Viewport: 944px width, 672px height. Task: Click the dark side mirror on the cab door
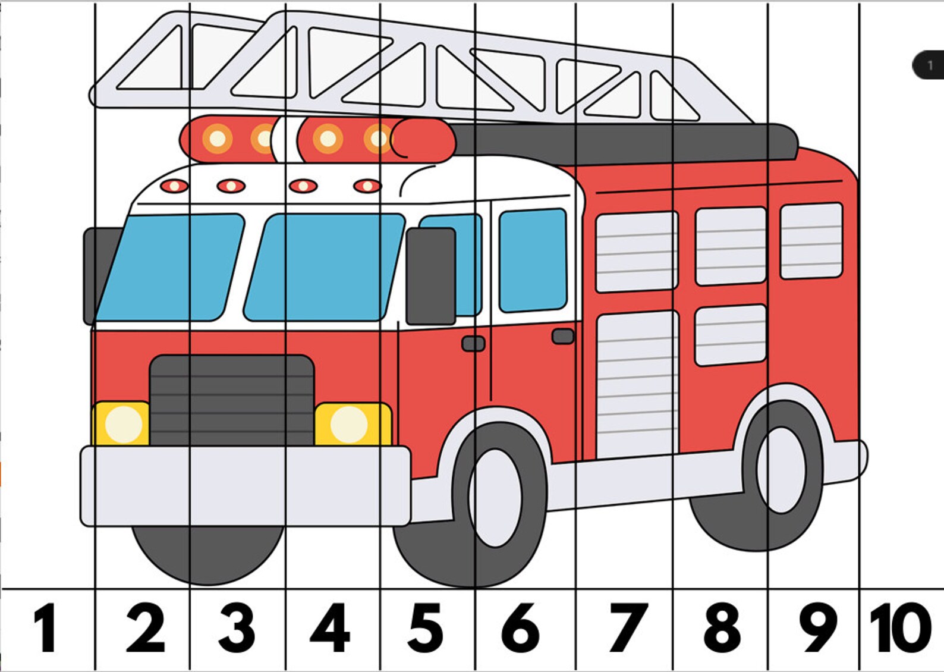click(x=430, y=276)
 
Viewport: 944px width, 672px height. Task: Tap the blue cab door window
click(x=533, y=260)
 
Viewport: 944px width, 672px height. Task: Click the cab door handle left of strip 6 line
click(x=473, y=344)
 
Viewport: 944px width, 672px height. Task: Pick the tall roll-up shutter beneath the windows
click(x=637, y=384)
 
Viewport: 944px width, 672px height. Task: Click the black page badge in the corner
click(x=929, y=65)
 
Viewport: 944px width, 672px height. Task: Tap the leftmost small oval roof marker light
click(x=174, y=186)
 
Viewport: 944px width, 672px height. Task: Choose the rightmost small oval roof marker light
click(x=367, y=186)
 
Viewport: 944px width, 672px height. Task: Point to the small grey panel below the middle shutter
click(x=730, y=335)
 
